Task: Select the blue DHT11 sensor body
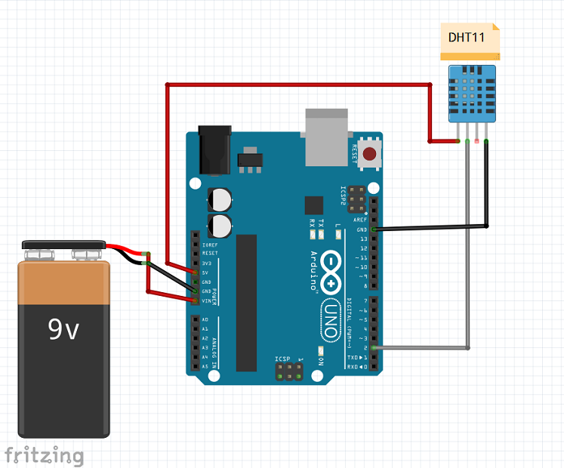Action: [473, 94]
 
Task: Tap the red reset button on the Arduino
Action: [370, 155]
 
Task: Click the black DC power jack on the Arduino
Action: [212, 150]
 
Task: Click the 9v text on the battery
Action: [63, 329]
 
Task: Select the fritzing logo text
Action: [44, 455]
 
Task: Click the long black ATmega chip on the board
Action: [246, 302]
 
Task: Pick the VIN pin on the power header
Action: [196, 300]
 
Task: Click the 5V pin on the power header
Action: [196, 272]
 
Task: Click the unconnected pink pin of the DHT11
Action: [476, 141]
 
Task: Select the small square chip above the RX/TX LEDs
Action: [313, 205]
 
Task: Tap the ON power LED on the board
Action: [321, 352]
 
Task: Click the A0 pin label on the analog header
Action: [205, 320]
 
